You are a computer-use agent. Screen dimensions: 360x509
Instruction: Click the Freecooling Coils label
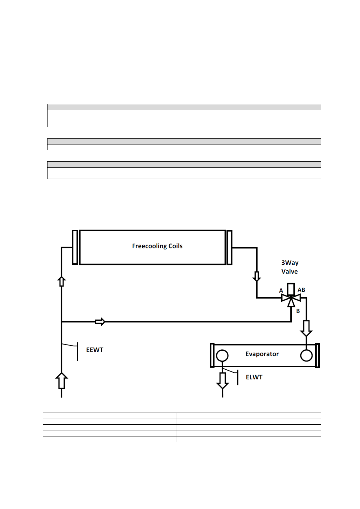tap(157, 246)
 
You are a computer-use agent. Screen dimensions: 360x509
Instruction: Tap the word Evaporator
tap(262, 354)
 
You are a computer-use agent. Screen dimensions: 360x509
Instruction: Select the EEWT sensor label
tap(95, 350)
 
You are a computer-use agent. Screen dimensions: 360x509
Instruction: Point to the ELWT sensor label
tap(254, 377)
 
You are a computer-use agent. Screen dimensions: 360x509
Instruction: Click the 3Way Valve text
tap(290, 267)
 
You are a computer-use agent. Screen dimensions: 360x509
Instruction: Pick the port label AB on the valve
tap(301, 290)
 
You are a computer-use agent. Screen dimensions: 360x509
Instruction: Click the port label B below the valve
tap(298, 311)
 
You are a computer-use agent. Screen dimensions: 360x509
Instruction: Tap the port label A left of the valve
tap(281, 291)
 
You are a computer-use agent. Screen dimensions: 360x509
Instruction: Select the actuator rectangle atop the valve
tap(291, 289)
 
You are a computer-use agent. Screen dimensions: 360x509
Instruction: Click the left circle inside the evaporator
tap(222, 355)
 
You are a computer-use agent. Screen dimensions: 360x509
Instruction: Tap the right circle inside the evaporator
tap(306, 355)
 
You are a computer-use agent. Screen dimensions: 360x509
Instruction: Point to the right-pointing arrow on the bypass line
tap(100, 322)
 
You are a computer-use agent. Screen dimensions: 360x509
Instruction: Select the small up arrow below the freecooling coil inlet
tap(61, 281)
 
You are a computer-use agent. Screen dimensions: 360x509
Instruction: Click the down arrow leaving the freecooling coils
tap(257, 276)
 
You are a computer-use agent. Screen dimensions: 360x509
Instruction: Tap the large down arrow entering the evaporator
tap(306, 328)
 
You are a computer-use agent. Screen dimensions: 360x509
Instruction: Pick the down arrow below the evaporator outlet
tap(222, 381)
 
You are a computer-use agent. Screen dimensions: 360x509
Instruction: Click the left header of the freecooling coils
tap(75, 247)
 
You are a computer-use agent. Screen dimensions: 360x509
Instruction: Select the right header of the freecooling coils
tap(230, 248)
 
